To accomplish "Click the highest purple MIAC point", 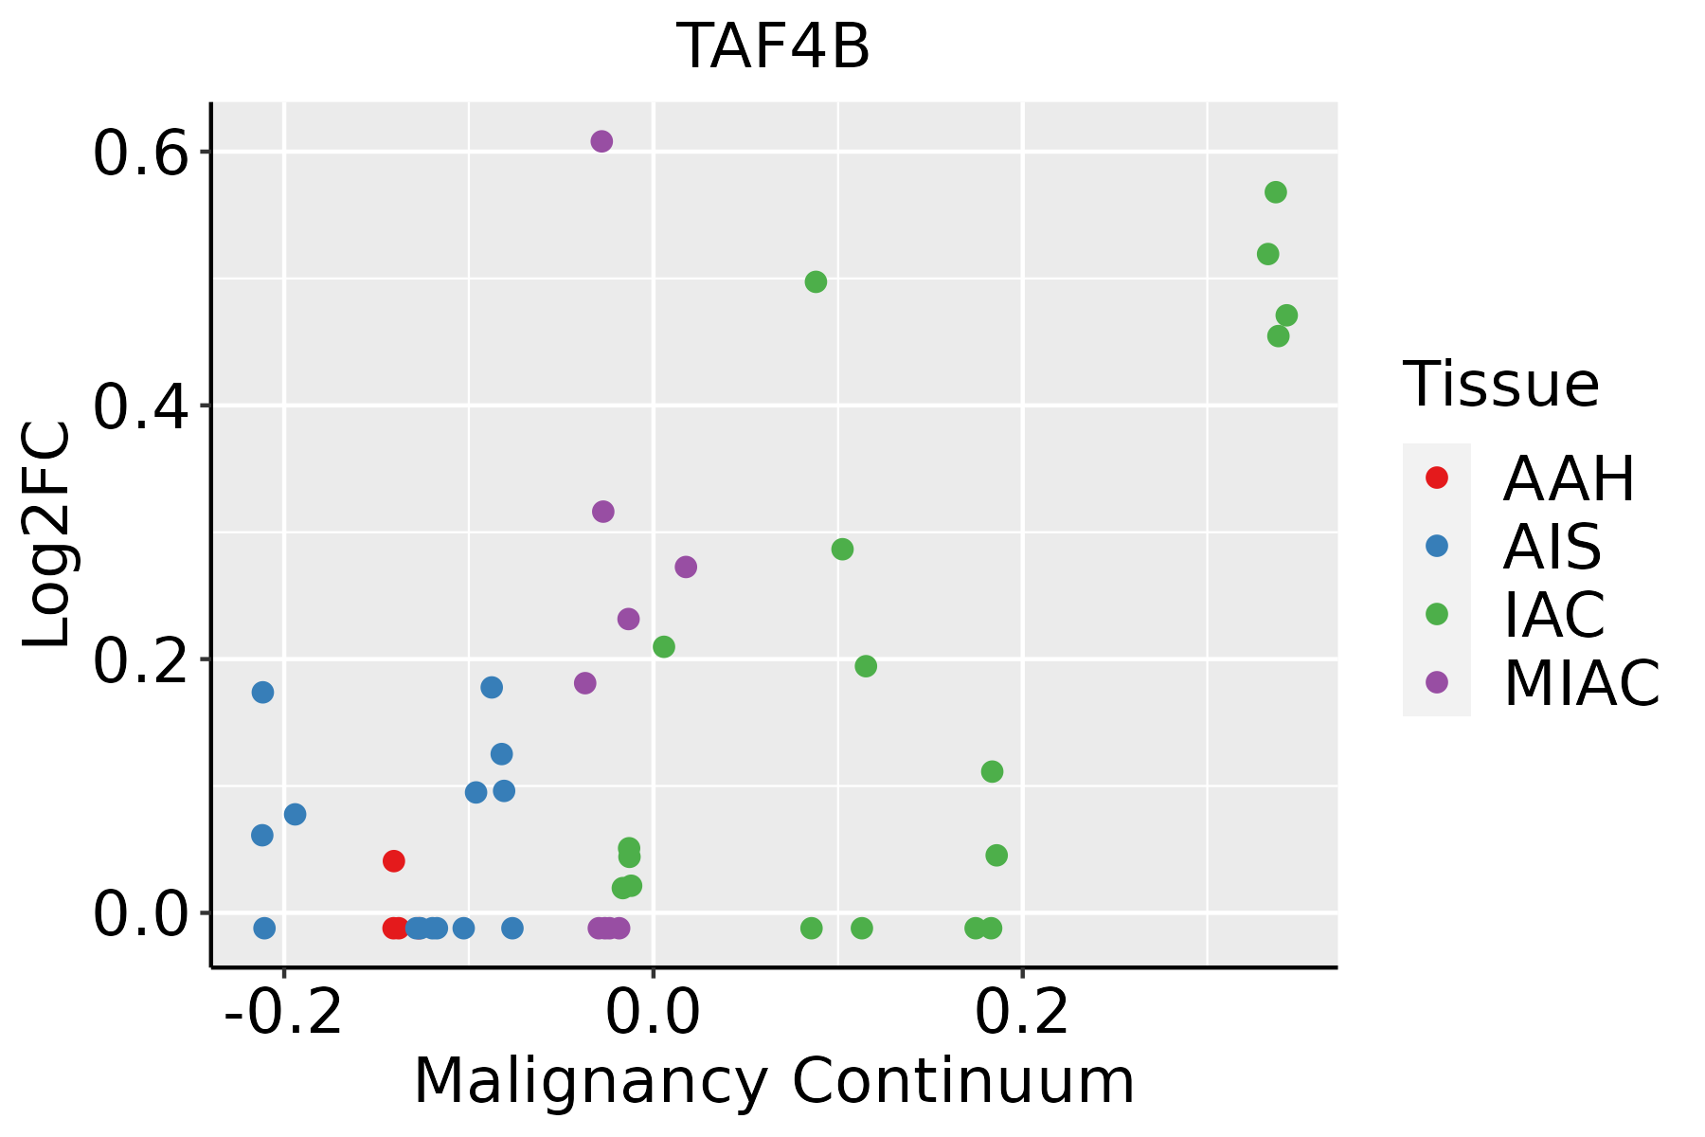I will pyautogui.click(x=601, y=141).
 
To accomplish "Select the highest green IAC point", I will pyautogui.click(x=1276, y=192).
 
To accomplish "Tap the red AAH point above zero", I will pyautogui.click(x=394, y=860).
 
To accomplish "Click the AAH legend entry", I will pyautogui.click(x=1569, y=478).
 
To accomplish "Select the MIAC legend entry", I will pyautogui.click(x=1581, y=683).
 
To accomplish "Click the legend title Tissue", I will pyautogui.click(x=1501, y=385).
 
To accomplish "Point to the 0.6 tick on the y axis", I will pyautogui.click(x=140, y=153).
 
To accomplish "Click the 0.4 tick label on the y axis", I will pyautogui.click(x=140, y=406).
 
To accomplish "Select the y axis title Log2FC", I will pyautogui.click(x=47, y=535).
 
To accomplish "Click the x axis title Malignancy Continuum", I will pyautogui.click(x=774, y=1081).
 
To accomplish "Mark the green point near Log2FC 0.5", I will pyautogui.click(x=816, y=281).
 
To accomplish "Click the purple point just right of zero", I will pyautogui.click(x=686, y=567).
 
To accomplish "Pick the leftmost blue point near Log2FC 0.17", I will pyautogui.click(x=262, y=693).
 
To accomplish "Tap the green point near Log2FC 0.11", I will pyautogui.click(x=992, y=771).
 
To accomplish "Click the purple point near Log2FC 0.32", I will pyautogui.click(x=603, y=512).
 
